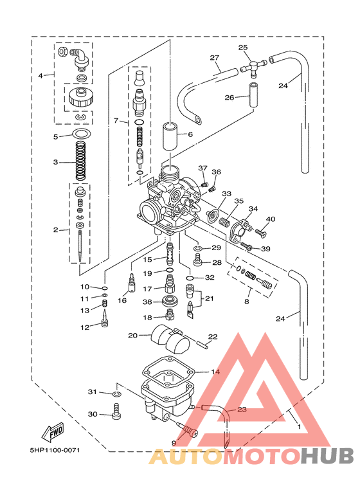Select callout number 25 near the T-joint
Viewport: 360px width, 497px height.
coord(243,48)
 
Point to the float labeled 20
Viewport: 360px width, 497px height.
coord(170,339)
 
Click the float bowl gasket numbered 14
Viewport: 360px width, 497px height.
coord(168,372)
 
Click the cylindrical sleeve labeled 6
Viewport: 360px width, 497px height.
coord(171,136)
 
